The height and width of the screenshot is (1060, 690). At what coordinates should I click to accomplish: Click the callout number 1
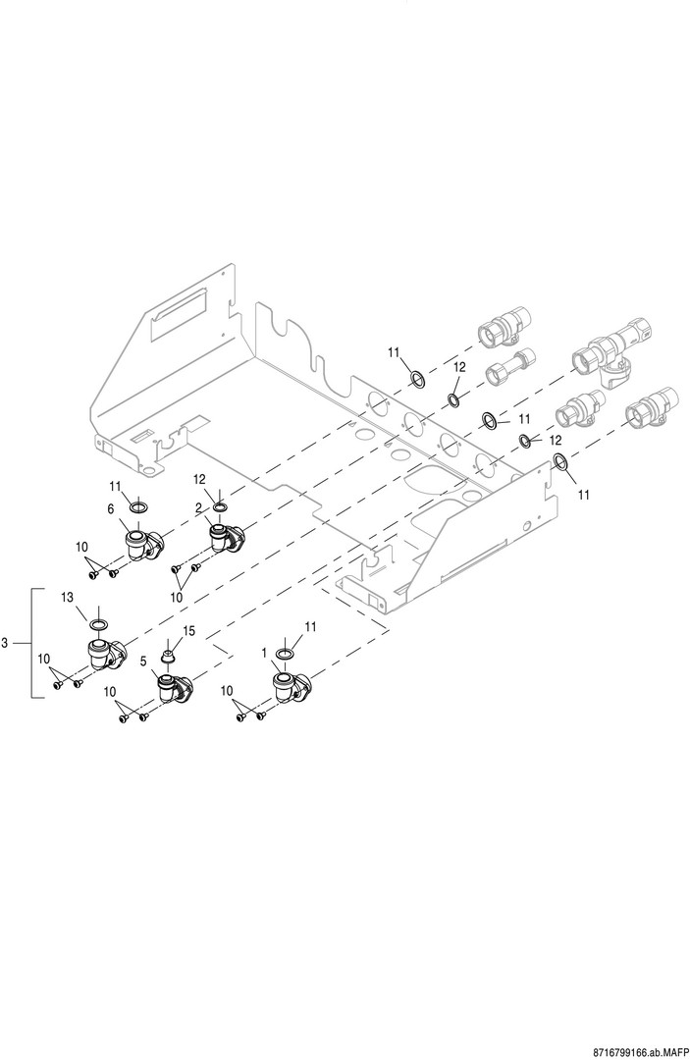coord(264,652)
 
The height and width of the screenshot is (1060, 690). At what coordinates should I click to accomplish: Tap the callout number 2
coord(198,506)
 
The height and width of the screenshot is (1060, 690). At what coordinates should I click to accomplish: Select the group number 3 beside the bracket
coord(6,643)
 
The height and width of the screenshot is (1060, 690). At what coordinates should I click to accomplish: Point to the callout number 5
coord(143,662)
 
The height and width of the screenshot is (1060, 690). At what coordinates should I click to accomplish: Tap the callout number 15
coord(188,633)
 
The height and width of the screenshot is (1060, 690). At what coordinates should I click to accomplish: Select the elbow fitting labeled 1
coord(290,688)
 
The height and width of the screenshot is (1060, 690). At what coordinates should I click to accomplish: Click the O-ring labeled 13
coord(99,624)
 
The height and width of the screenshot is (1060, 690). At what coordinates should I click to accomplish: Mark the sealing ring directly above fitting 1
coord(285,655)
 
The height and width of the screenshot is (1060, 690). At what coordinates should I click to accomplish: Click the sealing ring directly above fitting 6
coord(137,507)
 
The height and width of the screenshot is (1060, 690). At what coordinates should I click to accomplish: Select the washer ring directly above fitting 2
coord(220,507)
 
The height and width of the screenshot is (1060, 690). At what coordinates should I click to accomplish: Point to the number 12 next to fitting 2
coord(199,479)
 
